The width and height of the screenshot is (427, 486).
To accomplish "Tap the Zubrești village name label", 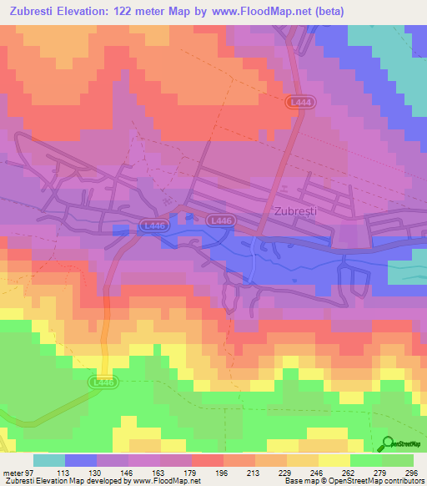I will (296, 211).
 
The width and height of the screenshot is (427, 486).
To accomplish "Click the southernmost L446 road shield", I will (104, 381).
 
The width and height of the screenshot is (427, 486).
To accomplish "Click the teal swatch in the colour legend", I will (49, 460).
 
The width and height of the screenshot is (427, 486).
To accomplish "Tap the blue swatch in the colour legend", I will (81, 460).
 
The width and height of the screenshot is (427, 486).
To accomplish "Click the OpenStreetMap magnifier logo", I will (389, 443).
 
